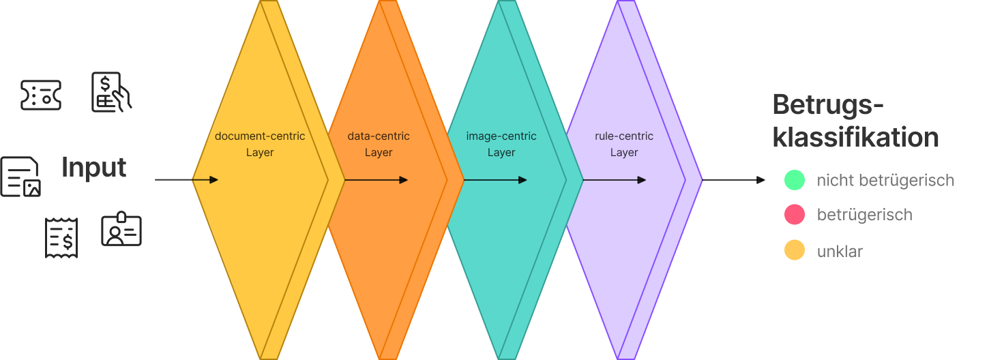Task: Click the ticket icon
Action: pyautogui.click(x=41, y=95)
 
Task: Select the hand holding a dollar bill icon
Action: pyautogui.click(x=110, y=92)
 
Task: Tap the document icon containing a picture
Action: pyautogui.click(x=20, y=177)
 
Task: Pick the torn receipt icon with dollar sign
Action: pyautogui.click(x=61, y=238)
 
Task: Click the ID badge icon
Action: pyautogui.click(x=121, y=229)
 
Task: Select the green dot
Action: pyautogui.click(x=795, y=180)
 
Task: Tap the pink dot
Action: pyautogui.click(x=795, y=215)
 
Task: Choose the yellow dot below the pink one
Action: pyautogui.click(x=795, y=250)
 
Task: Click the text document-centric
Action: pyautogui.click(x=260, y=136)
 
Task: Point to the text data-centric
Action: pyautogui.click(x=379, y=136)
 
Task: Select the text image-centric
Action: pyautogui.click(x=501, y=136)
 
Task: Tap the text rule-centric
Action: pyautogui.click(x=624, y=136)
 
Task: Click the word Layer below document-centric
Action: pyautogui.click(x=260, y=153)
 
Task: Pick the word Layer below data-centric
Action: pyautogui.click(x=379, y=153)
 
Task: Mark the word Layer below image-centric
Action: pyautogui.click(x=501, y=153)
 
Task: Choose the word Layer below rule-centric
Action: pyautogui.click(x=624, y=153)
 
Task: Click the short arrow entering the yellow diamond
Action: pyautogui.click(x=205, y=180)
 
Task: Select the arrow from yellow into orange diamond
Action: pyautogui.click(x=376, y=180)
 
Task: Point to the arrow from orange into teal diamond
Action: pyautogui.click(x=495, y=180)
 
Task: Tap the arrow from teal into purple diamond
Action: pyautogui.click(x=615, y=180)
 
